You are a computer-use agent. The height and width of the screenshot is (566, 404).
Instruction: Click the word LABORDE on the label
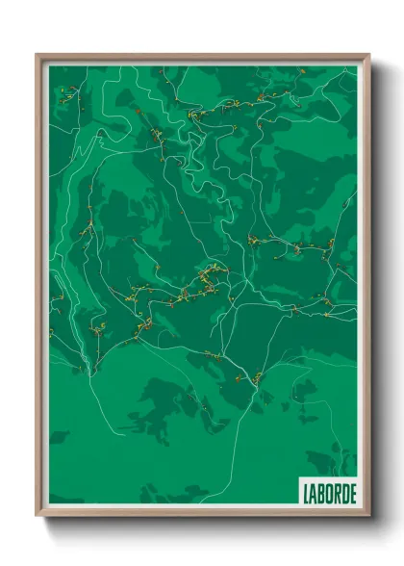point(328,492)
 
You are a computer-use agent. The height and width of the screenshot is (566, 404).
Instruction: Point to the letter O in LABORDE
point(328,492)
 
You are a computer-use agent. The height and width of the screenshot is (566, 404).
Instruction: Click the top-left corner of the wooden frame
point(38,55)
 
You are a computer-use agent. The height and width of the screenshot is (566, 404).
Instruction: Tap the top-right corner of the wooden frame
point(368,55)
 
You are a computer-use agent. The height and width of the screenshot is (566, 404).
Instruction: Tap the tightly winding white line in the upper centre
point(207,144)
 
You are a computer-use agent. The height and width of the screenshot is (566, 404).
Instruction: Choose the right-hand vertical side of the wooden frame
point(366,289)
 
